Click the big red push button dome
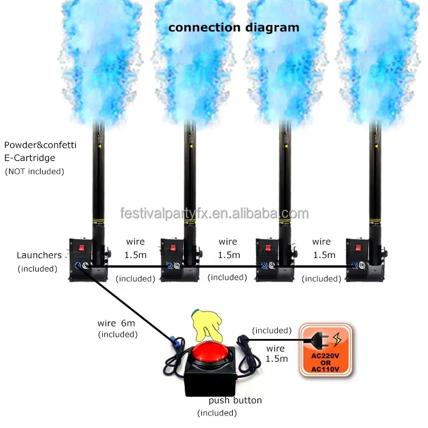209,353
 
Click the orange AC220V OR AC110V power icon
326,350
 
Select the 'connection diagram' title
233,27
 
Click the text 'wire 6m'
116,323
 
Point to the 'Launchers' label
39,255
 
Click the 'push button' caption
235,401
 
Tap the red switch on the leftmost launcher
82,248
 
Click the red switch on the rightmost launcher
358,248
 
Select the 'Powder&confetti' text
41,145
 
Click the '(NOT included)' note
35,171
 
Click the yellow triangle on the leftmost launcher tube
100,146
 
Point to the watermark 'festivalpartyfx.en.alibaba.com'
215,213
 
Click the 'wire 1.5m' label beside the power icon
277,353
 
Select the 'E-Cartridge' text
30,158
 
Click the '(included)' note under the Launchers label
38,269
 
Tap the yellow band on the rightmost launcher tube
375,220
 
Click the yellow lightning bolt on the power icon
337,339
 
